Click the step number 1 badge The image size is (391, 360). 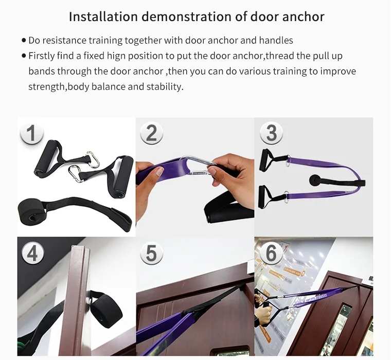32,134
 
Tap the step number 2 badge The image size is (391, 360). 151,134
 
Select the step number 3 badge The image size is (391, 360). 271,134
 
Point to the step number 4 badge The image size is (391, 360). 32,254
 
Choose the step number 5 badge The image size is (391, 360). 151,254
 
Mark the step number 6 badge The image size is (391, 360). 271,254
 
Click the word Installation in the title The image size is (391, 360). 103,16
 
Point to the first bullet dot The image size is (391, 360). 24,40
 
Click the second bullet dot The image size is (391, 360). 24,56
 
